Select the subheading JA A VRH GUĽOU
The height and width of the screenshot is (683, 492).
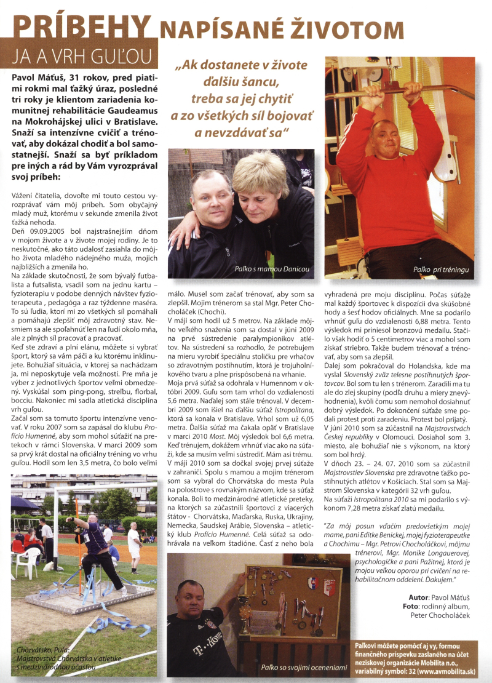click(x=81, y=56)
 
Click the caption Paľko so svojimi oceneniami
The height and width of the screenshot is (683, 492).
click(x=296, y=667)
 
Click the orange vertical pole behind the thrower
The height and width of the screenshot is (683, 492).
click(x=78, y=535)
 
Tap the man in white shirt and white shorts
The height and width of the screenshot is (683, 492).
click(x=133, y=545)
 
